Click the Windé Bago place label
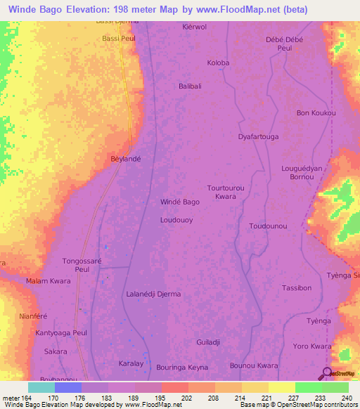pos(180,202)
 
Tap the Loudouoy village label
pos(178,219)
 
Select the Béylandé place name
pos(126,160)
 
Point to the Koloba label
pos(218,63)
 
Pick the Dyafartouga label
pos(259,136)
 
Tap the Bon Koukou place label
pos(316,112)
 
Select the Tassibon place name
pos(296,288)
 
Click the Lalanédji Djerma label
pos(153,294)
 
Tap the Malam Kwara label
pos(48,281)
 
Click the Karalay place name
pos(130,364)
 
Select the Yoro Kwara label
pos(312,346)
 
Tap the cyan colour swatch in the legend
pos(41,387)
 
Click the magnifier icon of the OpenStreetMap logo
pos(327,372)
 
